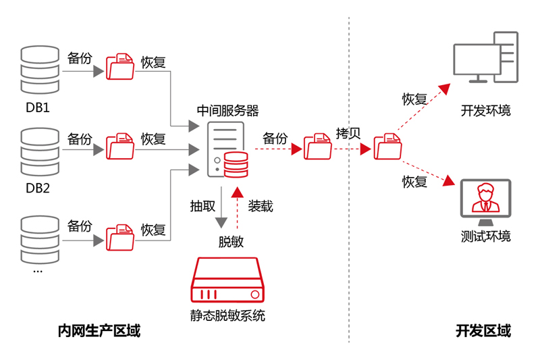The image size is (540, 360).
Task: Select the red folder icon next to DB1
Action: click(120, 66)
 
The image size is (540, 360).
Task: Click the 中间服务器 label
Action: click(227, 110)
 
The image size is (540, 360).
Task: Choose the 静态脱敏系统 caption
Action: click(227, 315)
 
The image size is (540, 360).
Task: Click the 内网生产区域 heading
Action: click(99, 331)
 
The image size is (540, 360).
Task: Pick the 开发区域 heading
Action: click(483, 331)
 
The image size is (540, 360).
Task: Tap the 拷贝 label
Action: click(348, 133)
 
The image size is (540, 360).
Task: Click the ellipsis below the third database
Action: click(38, 270)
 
